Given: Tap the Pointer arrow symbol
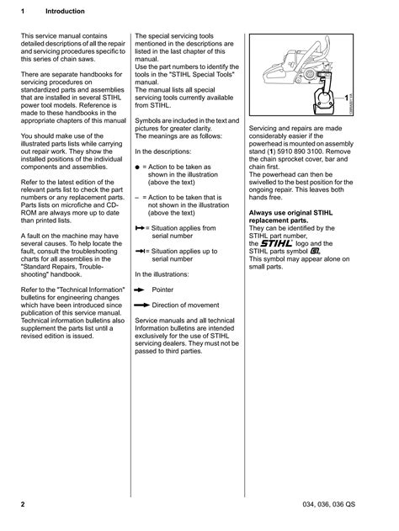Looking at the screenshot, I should pyautogui.click(x=140, y=289).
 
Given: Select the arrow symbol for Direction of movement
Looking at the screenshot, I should pyautogui.click(x=141, y=305).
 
